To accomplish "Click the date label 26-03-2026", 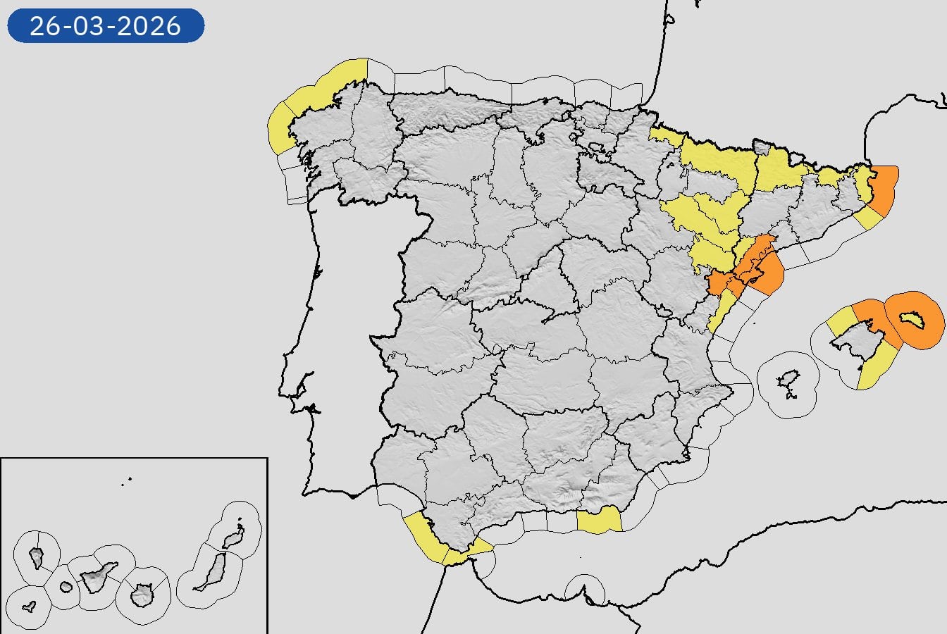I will [x=106, y=26].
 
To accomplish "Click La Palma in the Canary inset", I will [x=37, y=557].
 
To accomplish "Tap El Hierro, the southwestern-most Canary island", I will [x=29, y=606].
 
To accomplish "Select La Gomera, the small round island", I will [x=66, y=586].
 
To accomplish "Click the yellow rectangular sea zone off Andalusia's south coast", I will [x=598, y=521].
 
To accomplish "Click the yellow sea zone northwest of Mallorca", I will [x=841, y=323].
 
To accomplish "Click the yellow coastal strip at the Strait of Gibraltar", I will [x=426, y=538].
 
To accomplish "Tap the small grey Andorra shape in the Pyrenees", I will [x=762, y=147].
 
